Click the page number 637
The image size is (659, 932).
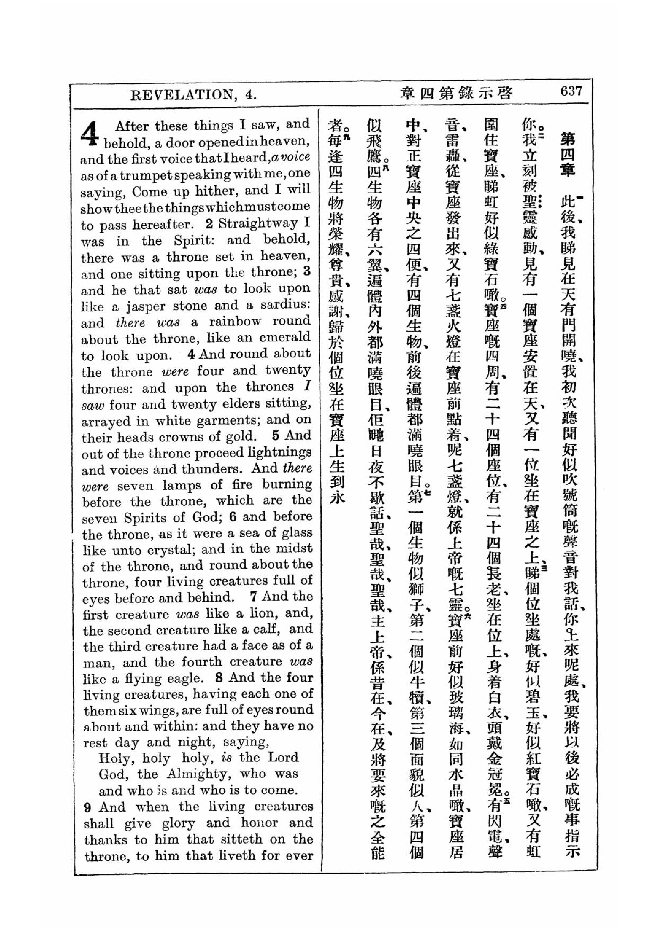click(x=571, y=91)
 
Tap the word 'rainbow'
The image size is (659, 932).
click(x=235, y=322)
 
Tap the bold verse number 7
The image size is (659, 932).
click(x=254, y=597)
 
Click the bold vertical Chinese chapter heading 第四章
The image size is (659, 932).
click(x=568, y=154)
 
